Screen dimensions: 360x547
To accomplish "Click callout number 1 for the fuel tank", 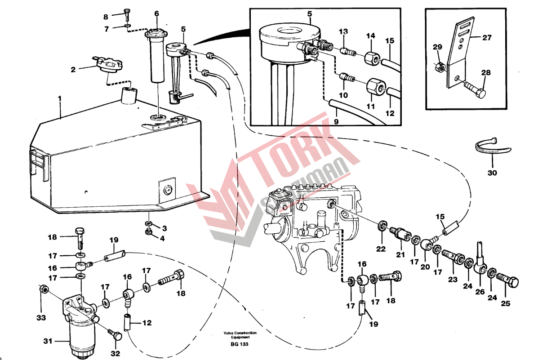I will (59, 98).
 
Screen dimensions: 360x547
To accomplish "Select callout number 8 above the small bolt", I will (106, 17).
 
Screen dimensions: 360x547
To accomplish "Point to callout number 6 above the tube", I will (157, 13).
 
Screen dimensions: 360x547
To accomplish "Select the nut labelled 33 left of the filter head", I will (44, 289).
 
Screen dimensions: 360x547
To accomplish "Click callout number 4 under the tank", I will (164, 237).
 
